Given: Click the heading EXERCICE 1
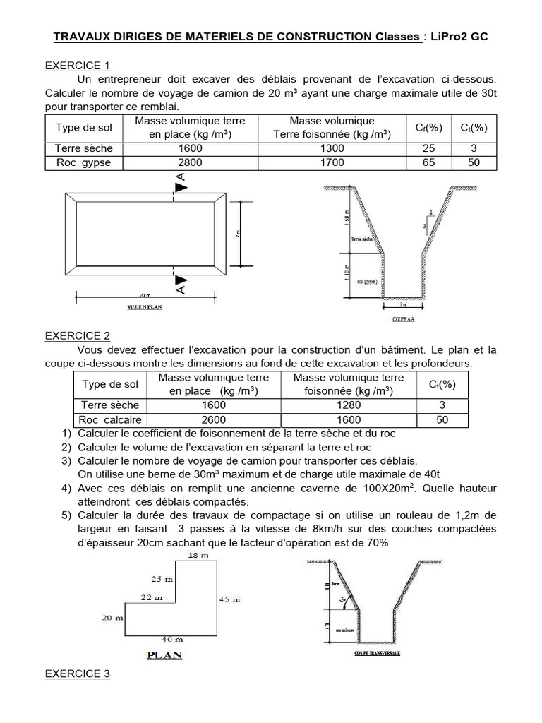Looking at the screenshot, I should (78, 66).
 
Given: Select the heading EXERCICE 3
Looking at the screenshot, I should (78, 674).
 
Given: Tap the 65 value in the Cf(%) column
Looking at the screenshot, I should (428, 162).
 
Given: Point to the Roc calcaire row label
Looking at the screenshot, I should (110, 419).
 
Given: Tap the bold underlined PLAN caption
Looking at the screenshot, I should (164, 655).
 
